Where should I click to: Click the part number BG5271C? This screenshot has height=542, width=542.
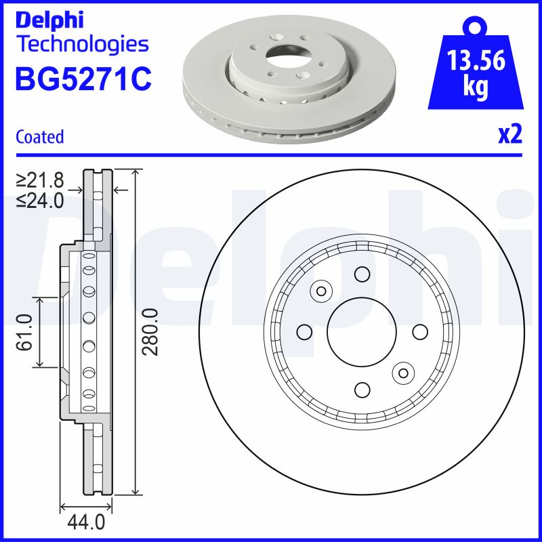coord(83,79)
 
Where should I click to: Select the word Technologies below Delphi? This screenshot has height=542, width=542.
coord(81,45)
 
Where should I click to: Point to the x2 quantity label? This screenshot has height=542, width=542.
coord(509,135)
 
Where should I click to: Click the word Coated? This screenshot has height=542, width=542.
coord(40,137)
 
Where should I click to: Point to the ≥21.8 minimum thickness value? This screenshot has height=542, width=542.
coord(41,180)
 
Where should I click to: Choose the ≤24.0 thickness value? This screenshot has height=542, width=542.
coord(41,201)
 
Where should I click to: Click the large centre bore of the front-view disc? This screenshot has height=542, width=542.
coord(362,332)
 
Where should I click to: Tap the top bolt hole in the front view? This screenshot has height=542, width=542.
coord(362,274)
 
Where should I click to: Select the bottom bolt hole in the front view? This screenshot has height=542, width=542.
coord(362,390)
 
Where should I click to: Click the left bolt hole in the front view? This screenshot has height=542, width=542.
coord(304,332)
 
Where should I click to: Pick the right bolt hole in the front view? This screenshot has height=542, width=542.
coord(420,332)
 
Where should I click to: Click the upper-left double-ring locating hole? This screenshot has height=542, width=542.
coord(320,291)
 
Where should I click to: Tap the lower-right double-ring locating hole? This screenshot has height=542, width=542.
coord(404,373)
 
